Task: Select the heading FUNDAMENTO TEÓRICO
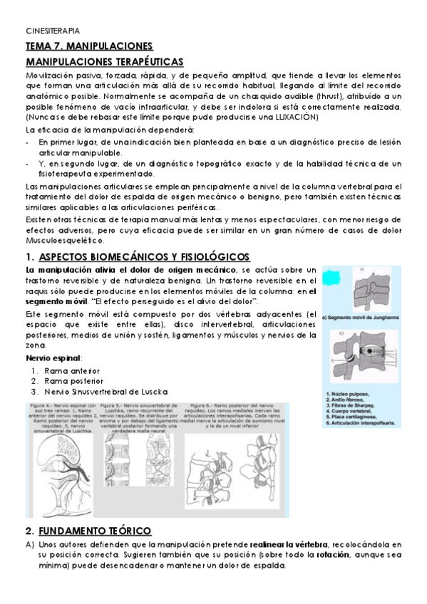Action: click(95, 531)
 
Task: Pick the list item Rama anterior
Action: click(72, 371)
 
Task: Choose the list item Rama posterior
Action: click(73, 381)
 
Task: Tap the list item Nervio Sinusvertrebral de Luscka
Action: click(106, 392)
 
